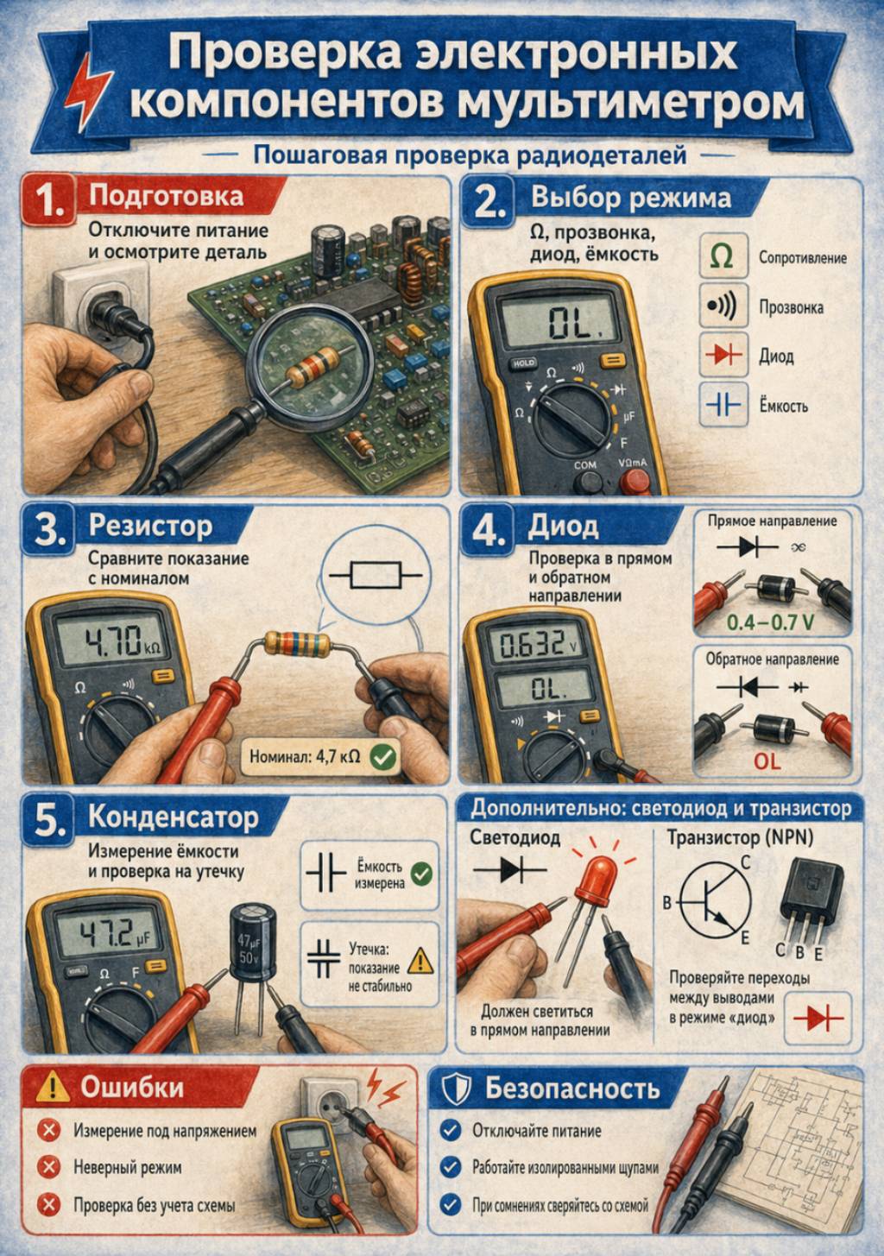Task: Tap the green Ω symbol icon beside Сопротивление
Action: pos(723,256)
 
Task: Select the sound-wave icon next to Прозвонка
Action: pos(723,306)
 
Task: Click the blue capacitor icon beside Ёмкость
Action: pos(723,404)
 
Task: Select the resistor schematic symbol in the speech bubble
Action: pos(376,575)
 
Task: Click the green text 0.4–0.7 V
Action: pos(770,622)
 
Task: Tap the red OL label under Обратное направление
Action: pos(767,761)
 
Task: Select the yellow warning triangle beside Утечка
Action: pos(420,960)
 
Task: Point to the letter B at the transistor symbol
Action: pos(667,903)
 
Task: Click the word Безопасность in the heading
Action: pos(571,1089)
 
